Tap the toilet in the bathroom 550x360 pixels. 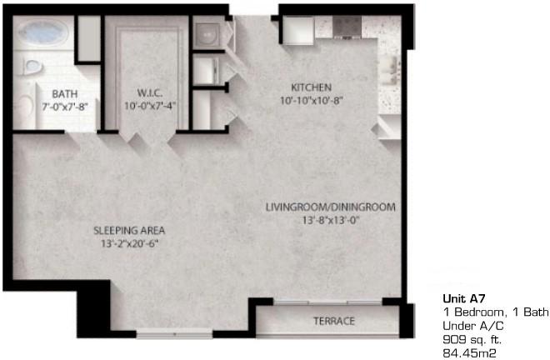(x=32, y=66)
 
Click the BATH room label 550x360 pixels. (x=64, y=94)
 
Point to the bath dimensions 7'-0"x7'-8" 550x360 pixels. (x=64, y=107)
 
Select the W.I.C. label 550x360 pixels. (x=150, y=93)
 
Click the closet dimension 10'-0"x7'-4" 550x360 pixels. (x=150, y=105)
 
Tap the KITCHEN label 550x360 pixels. (x=312, y=87)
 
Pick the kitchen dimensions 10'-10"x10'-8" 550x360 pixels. (x=312, y=100)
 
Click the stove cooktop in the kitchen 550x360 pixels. (x=347, y=26)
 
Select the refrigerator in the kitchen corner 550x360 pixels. (x=298, y=30)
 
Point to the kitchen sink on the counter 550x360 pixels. (x=391, y=70)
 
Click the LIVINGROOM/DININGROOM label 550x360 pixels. (x=331, y=207)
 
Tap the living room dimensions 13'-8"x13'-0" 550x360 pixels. (x=332, y=220)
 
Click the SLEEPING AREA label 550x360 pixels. (x=129, y=231)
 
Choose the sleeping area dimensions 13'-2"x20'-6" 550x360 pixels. (x=129, y=243)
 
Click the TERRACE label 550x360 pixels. (x=334, y=321)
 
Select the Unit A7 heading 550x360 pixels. (x=464, y=298)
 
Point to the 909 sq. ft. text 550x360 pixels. (x=472, y=339)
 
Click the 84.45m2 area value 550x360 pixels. (x=469, y=353)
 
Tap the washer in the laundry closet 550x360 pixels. (x=207, y=35)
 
